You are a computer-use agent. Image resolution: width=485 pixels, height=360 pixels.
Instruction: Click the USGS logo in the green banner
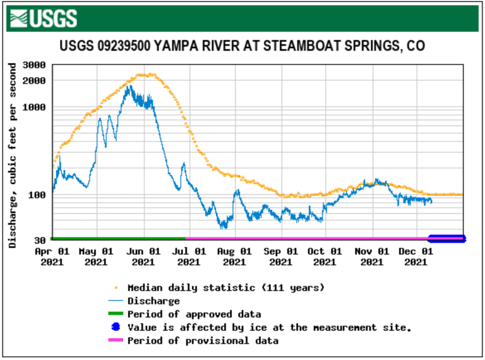coord(45,18)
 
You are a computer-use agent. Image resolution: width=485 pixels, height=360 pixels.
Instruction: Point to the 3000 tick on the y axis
coord(33,65)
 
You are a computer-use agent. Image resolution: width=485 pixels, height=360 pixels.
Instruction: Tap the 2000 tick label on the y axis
coord(33,81)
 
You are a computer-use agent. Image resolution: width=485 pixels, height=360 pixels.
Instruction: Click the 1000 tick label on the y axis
coord(33,107)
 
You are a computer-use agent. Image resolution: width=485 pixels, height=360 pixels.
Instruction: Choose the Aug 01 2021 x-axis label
coord(234,256)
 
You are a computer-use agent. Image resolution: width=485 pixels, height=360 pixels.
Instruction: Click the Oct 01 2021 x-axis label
coord(325,256)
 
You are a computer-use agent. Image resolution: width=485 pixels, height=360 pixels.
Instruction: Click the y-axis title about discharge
coord(13,155)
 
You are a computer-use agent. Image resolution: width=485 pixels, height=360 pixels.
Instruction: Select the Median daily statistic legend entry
coord(225,288)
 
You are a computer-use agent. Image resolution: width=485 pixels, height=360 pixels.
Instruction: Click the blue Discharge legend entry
coord(153,301)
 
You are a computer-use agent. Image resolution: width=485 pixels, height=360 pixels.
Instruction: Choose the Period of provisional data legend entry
coord(202,340)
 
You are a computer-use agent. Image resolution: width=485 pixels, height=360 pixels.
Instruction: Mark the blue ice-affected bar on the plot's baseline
coord(446,239)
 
